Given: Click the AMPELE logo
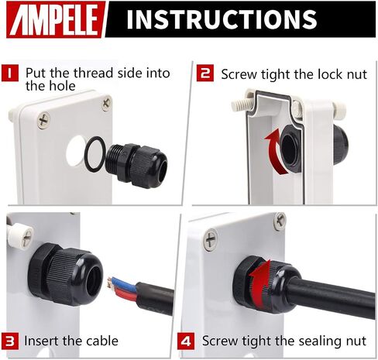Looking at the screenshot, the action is pyautogui.click(x=56, y=19).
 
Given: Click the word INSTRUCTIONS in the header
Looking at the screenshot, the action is pyautogui.click(x=222, y=19).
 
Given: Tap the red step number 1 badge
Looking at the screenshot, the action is pyautogui.click(x=10, y=73).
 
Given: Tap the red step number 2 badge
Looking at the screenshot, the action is pyautogui.click(x=205, y=73).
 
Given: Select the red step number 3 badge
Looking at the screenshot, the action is pyautogui.click(x=10, y=341).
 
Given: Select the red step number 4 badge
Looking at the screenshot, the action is pyautogui.click(x=186, y=341).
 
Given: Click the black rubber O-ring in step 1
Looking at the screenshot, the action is pyautogui.click(x=94, y=154).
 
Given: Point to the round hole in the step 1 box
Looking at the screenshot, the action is pyautogui.click(x=76, y=151).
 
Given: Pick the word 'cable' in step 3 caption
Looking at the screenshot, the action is pyautogui.click(x=102, y=341).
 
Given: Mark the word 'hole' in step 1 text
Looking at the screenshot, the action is pyautogui.click(x=61, y=86).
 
